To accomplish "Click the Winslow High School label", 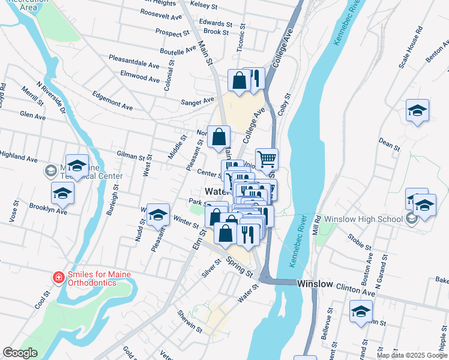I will pos(363,219).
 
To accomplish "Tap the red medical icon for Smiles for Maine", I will pos(58,278).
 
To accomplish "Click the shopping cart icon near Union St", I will pos(267,160).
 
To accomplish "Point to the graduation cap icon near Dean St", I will pos(417,110).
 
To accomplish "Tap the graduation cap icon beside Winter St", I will pos(158,214).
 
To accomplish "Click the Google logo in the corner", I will pos(20,353).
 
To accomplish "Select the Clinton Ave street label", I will pos(356,290).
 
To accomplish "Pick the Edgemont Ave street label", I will pos(112,100).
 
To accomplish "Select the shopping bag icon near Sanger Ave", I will pos(239,81).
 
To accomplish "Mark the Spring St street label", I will pos(240,266).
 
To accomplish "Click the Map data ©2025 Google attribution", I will pos(412,355).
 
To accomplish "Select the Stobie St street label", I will pos(360,242).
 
